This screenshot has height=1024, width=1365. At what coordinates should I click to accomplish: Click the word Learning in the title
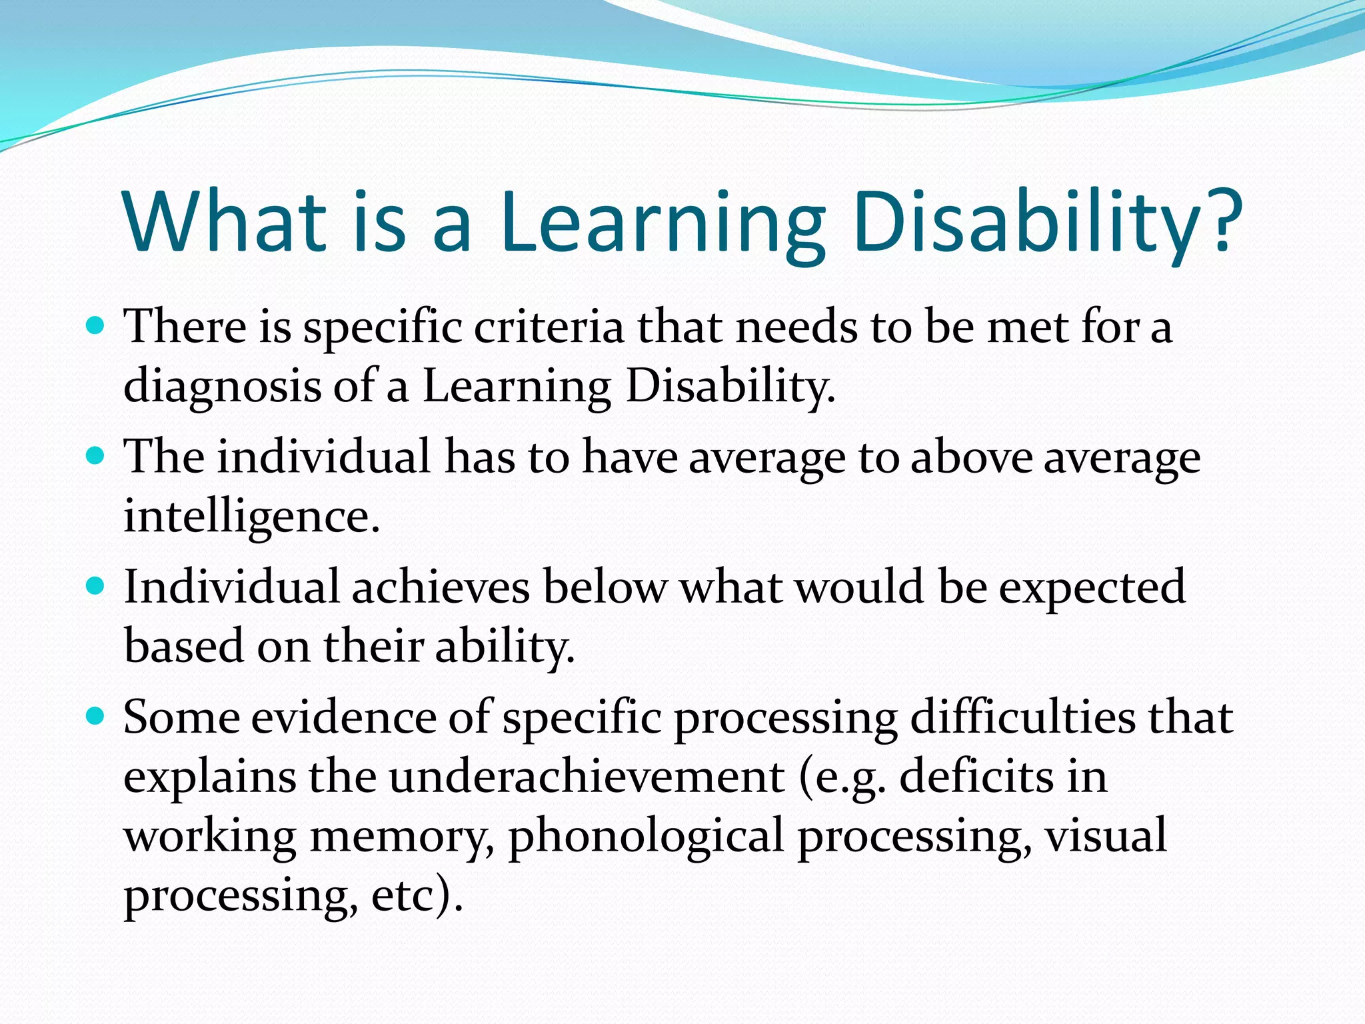click(663, 223)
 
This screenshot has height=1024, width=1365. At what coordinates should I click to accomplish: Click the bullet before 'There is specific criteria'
click(96, 326)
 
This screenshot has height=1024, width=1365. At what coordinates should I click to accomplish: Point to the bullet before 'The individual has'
click(96, 456)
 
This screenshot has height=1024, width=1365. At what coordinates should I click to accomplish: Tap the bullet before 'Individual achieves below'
click(96, 586)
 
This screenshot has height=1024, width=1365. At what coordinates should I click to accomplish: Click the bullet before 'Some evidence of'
click(96, 717)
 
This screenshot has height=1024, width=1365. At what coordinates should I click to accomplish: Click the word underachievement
click(587, 777)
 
